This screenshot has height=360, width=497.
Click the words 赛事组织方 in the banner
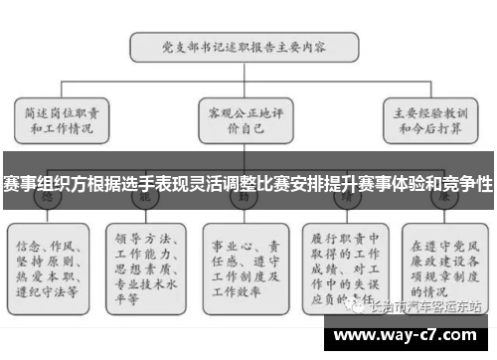pos(40,184)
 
